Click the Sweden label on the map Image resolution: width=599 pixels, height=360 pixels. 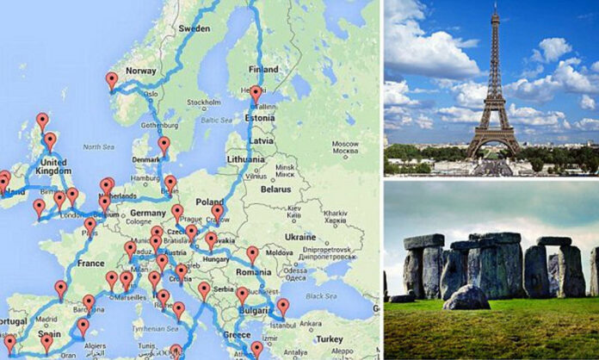tap(194, 28)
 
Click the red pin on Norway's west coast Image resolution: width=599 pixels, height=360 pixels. tap(111, 81)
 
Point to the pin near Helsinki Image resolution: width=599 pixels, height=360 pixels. tap(256, 93)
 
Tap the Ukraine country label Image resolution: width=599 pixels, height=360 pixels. tap(299, 236)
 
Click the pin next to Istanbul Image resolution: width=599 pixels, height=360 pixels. tap(283, 307)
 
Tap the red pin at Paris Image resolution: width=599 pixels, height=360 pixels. tap(90, 226)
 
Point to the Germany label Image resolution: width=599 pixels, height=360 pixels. tap(147, 213)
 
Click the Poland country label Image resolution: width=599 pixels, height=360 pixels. tap(209, 201)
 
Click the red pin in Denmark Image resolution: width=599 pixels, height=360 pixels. tap(164, 145)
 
